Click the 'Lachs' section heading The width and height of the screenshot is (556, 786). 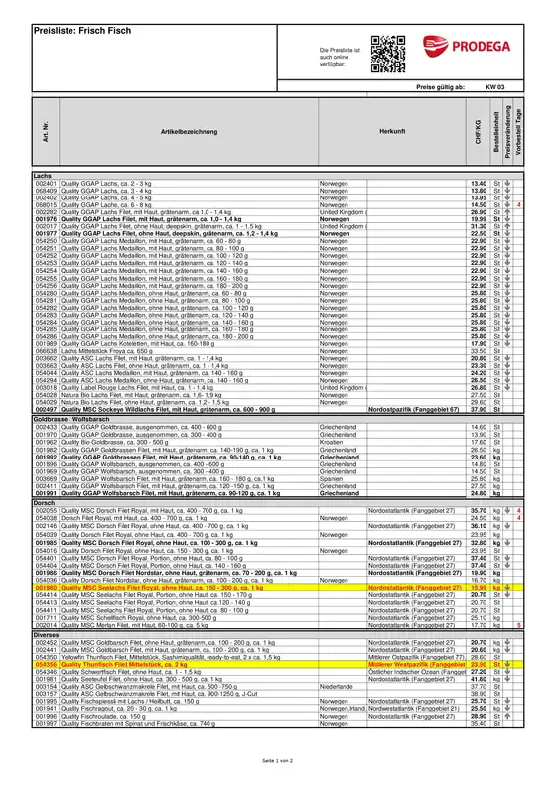tap(44, 176)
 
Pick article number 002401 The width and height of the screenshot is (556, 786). tap(47, 184)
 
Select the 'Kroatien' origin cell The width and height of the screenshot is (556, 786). tap(334, 441)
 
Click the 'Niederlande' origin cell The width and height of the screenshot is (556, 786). tap(338, 713)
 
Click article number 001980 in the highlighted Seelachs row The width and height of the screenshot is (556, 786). tap(47, 587)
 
